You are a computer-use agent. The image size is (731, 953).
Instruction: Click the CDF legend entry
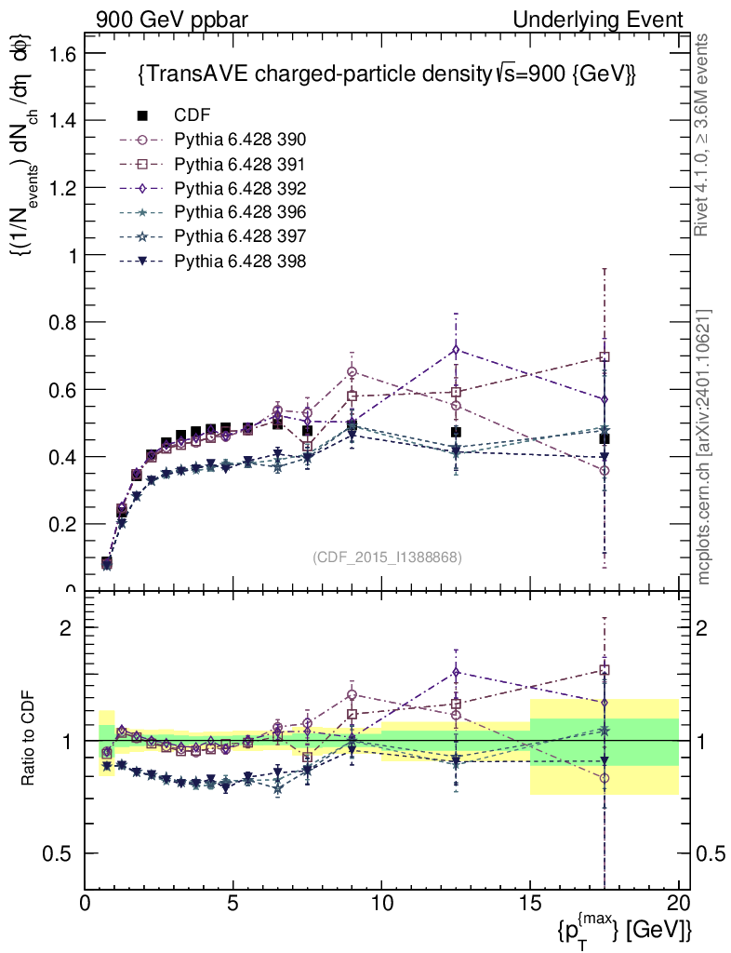pyautogui.click(x=192, y=115)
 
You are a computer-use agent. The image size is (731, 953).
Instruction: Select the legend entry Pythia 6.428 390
pyautogui.click(x=240, y=140)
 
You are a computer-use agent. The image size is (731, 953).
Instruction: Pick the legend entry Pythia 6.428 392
pyautogui.click(x=240, y=188)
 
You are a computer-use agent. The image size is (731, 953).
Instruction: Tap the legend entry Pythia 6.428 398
pyautogui.click(x=240, y=261)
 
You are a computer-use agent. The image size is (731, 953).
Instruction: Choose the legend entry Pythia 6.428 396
pyautogui.click(x=240, y=212)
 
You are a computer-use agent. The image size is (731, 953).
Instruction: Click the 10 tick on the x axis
pyautogui.click(x=381, y=904)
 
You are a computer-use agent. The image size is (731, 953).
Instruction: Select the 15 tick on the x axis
pyautogui.click(x=530, y=904)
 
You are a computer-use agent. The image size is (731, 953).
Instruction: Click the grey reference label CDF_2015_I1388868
pyautogui.click(x=387, y=557)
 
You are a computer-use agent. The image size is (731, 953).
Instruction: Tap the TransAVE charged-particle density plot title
pyautogui.click(x=386, y=74)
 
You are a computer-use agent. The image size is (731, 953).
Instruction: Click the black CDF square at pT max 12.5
pyautogui.click(x=456, y=432)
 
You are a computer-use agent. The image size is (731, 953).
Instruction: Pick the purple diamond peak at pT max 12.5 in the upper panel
pyautogui.click(x=456, y=350)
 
